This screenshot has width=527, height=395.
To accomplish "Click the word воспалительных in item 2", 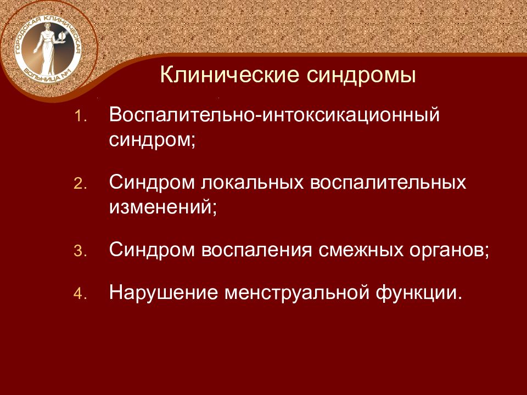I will point(389,182).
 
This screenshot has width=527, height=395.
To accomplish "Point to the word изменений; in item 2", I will point(163,207).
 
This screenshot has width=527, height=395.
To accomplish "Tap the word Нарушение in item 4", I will point(162,292).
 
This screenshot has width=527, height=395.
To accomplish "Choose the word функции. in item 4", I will point(418,292).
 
